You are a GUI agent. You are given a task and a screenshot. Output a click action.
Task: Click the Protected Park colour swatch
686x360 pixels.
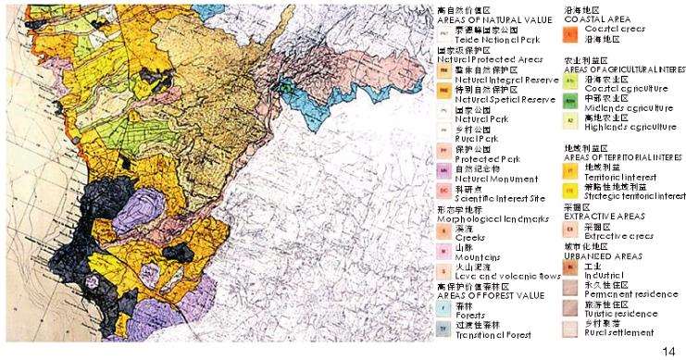tap(443, 151)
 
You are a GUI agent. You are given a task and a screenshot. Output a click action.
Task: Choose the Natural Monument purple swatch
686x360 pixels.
tap(443, 170)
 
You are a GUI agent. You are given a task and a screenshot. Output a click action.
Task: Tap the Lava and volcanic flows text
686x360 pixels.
tap(505, 275)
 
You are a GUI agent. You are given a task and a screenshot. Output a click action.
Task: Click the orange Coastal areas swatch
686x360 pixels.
tap(570, 32)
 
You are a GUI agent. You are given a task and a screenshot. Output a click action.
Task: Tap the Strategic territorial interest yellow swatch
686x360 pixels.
tap(570, 190)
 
